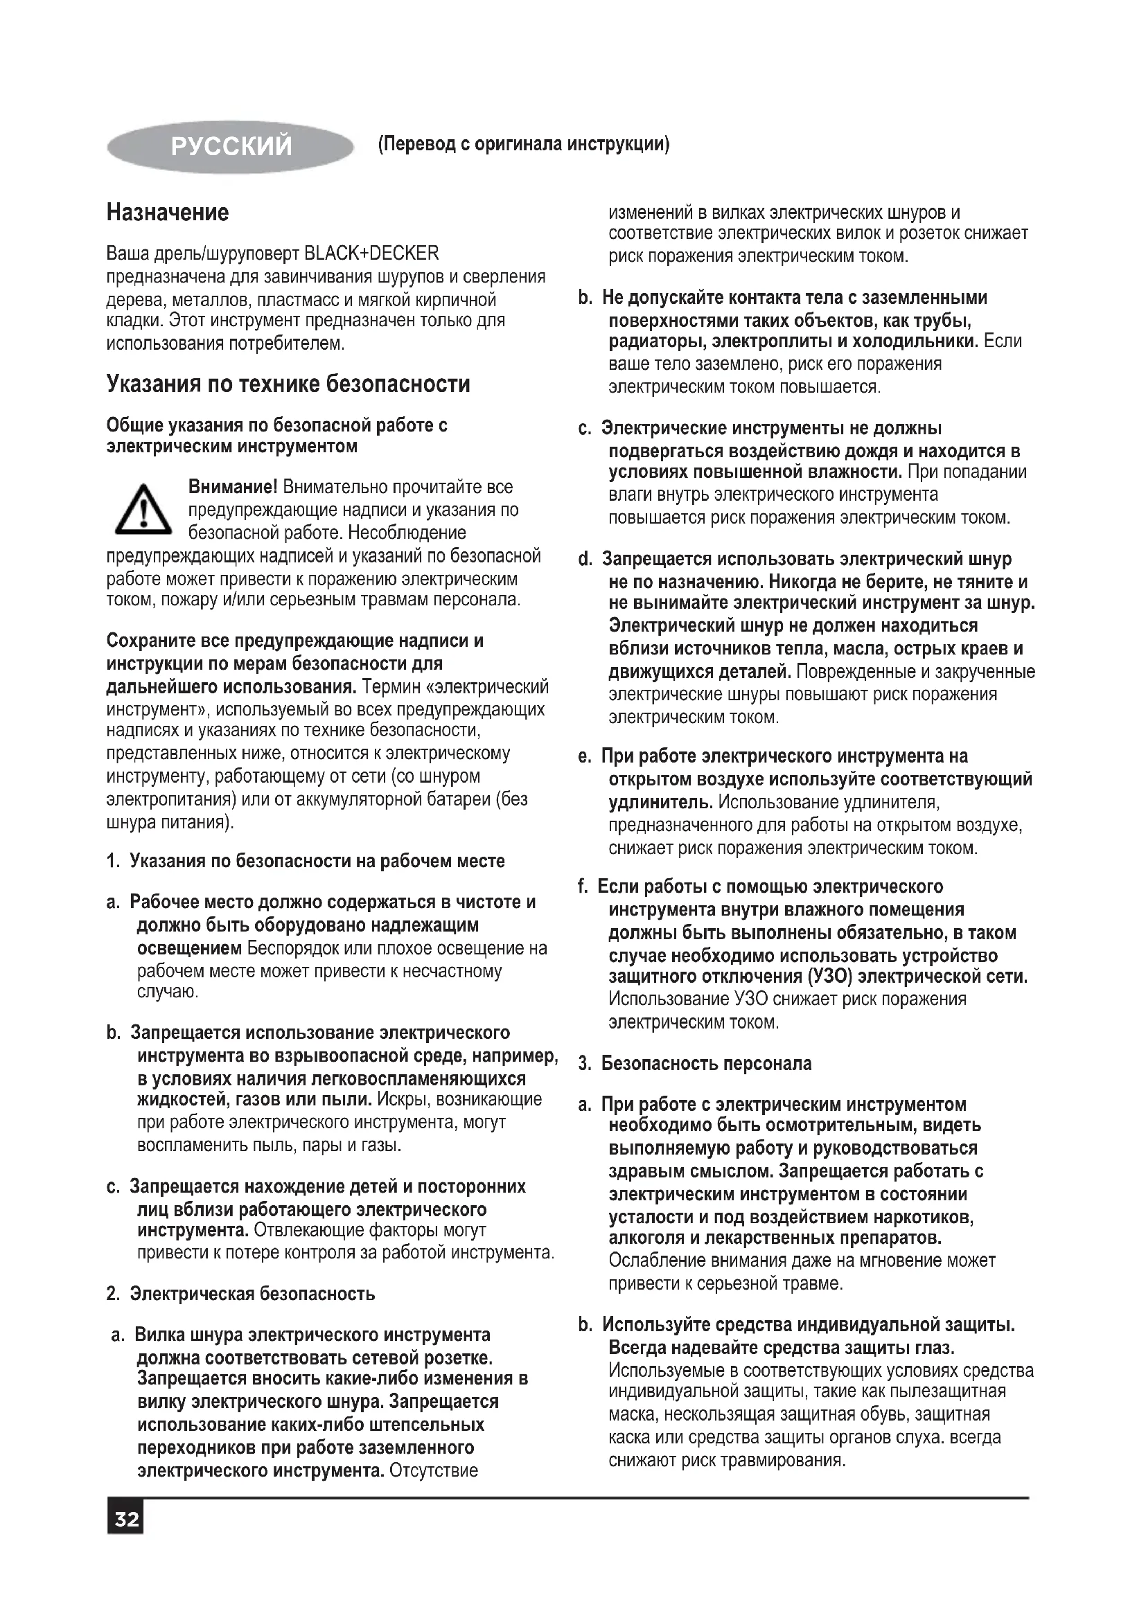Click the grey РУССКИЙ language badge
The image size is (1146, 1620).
230,146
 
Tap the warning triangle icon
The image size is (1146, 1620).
143,509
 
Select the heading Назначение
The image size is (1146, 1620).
168,213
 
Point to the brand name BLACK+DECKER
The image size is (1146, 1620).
371,253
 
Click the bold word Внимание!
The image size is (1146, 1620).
233,487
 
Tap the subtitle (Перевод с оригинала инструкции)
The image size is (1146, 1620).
524,144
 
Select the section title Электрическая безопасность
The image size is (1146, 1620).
252,1293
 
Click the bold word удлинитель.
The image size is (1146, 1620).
660,802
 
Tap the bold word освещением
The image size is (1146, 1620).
189,948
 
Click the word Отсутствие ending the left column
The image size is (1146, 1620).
434,1470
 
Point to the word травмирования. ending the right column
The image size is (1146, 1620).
784,1460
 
